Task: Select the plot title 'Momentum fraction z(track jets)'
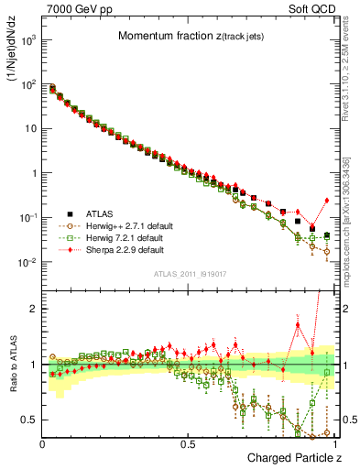point(192,36)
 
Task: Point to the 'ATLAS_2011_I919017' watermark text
point(189,275)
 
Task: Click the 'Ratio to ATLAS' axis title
point(13,364)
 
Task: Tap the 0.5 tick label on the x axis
point(188,443)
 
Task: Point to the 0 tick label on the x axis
point(42,443)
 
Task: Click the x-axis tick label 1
point(334,443)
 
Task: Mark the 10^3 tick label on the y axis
point(27,40)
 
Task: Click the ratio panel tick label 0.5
point(29,420)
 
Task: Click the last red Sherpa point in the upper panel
point(327,201)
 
